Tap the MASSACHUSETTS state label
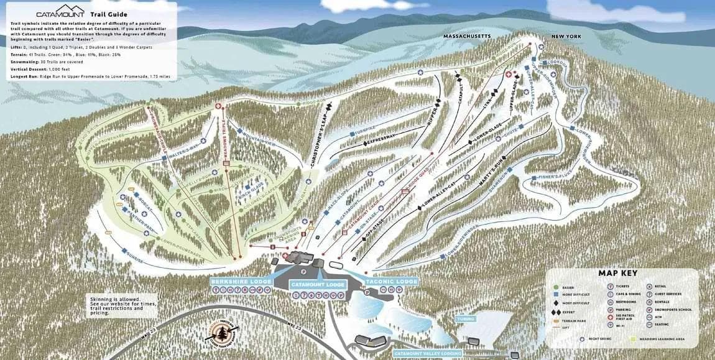tap(466, 36)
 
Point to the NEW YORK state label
tap(565, 37)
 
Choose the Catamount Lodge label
tap(318, 284)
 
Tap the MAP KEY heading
tap(617, 272)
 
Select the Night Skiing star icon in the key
tap(583, 339)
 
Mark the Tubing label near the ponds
tap(466, 318)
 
